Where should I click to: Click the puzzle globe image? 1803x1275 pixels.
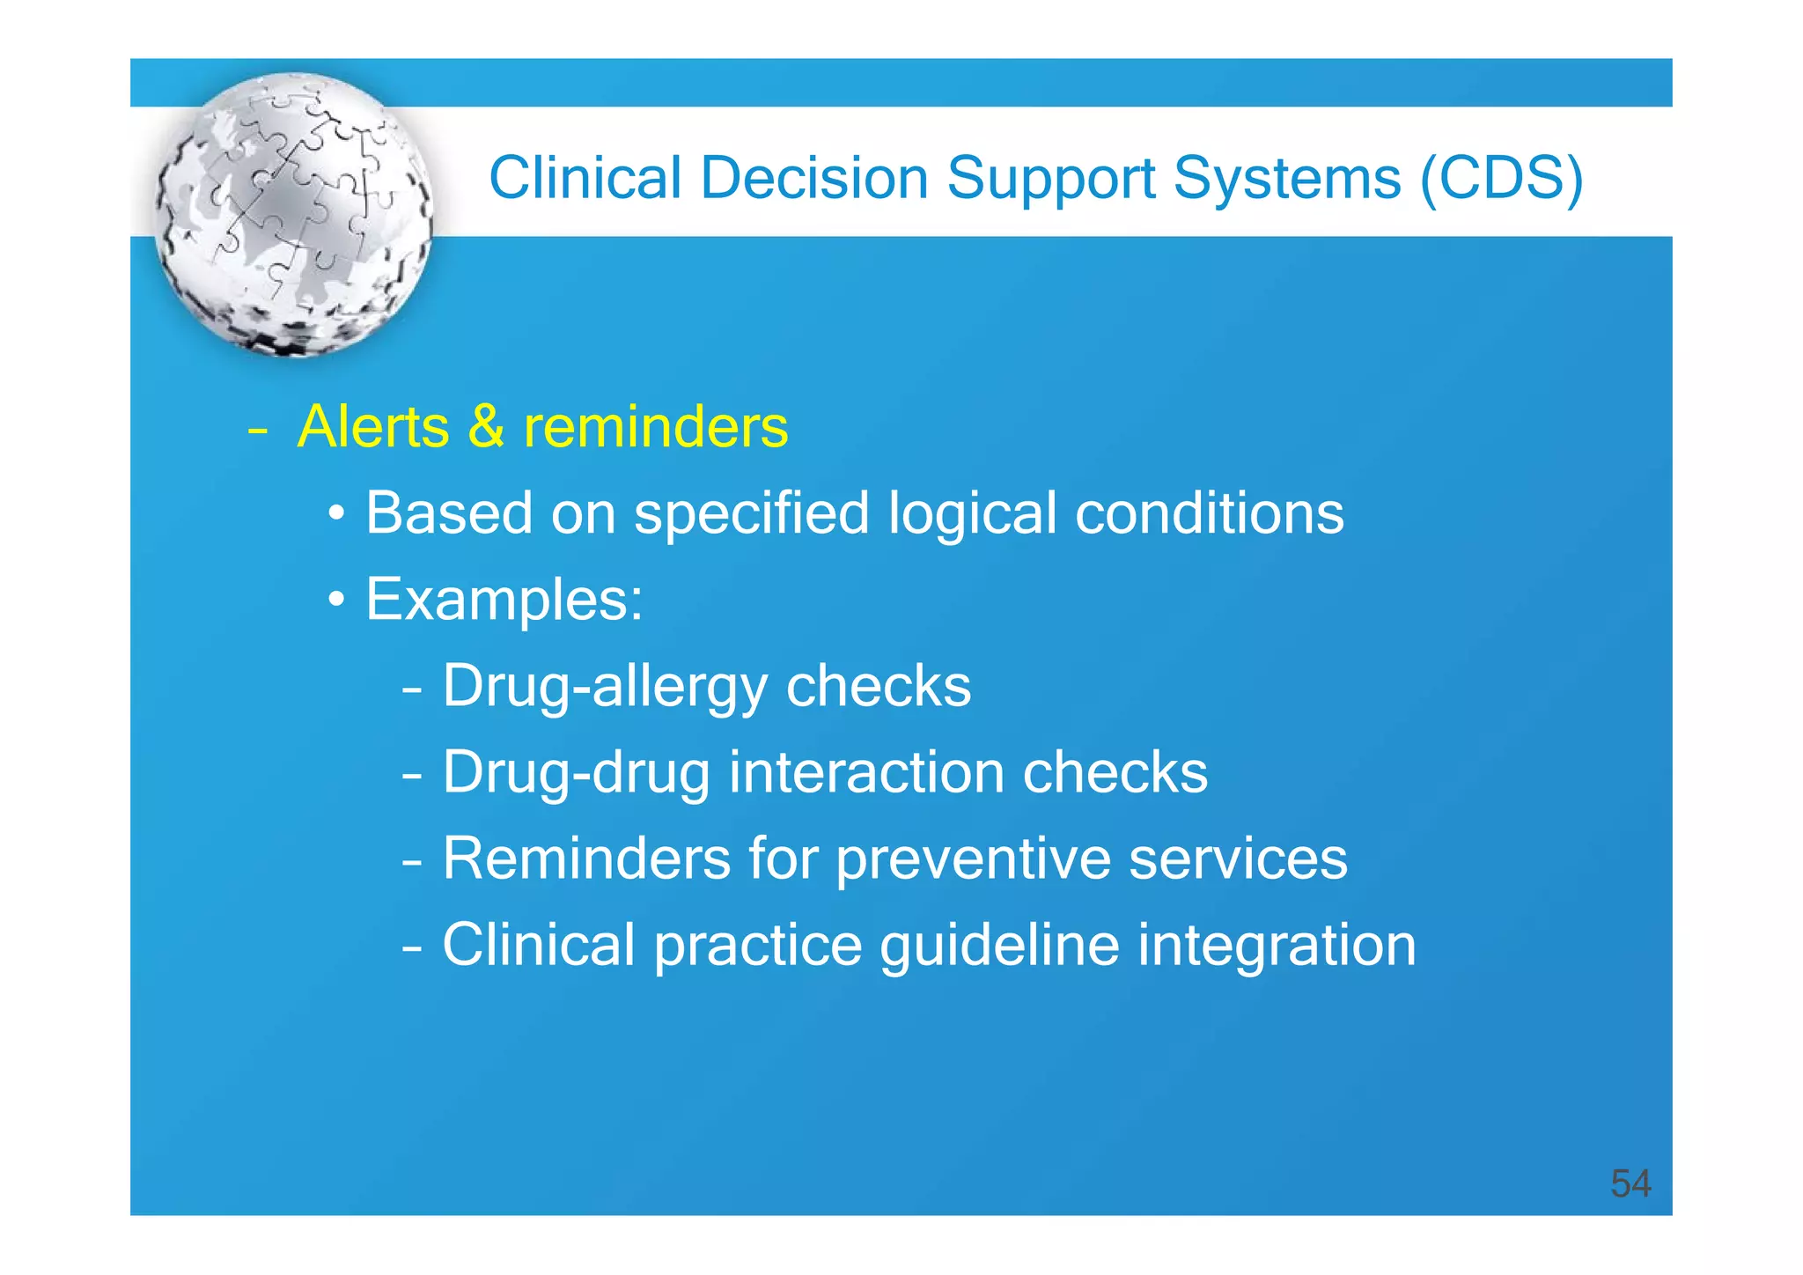pyautogui.click(x=294, y=214)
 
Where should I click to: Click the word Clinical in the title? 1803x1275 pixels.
pyautogui.click(x=585, y=178)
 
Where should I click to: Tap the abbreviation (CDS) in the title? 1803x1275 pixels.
pyautogui.click(x=1502, y=180)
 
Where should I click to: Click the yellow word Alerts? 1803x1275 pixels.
pyautogui.click(x=374, y=427)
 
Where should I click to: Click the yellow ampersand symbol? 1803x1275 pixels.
pyautogui.click(x=486, y=427)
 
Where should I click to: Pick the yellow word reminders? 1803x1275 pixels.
pyautogui.click(x=656, y=427)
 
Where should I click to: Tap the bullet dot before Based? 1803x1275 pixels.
pyautogui.click(x=337, y=514)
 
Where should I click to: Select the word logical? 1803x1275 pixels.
pyautogui.click(x=972, y=513)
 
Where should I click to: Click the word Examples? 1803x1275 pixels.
pyautogui.click(x=504, y=600)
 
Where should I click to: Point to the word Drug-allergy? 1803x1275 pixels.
pyautogui.click(x=604, y=687)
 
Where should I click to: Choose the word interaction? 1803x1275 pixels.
pyautogui.click(x=866, y=772)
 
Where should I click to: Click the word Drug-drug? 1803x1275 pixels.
pyautogui.click(x=576, y=772)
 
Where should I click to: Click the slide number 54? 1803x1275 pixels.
pyautogui.click(x=1630, y=1183)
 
